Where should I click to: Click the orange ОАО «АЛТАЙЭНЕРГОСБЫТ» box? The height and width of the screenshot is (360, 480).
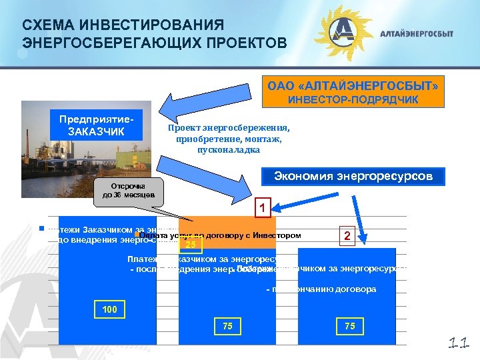(353, 87)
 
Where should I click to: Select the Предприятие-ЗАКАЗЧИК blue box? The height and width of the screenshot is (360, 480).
(99, 124)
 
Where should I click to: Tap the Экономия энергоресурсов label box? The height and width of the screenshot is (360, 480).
(354, 177)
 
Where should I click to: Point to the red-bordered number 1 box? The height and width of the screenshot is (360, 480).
(263, 208)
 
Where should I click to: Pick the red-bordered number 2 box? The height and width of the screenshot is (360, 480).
(346, 236)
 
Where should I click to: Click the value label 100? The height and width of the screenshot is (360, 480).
(109, 310)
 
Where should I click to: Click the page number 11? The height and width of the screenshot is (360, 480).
(458, 344)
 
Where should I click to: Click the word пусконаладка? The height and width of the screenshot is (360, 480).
(229, 150)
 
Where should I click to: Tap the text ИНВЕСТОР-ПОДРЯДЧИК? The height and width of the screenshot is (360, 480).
(353, 100)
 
